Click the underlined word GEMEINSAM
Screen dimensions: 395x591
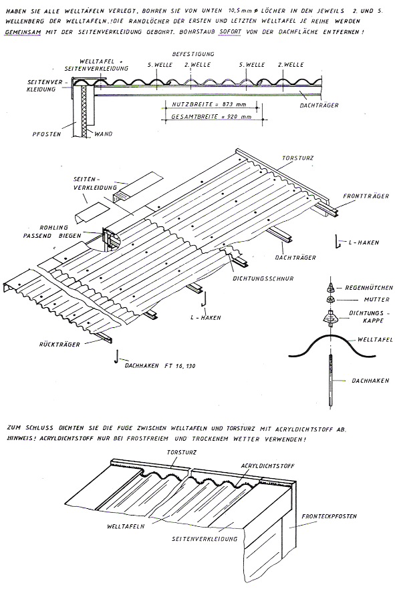(x=23, y=32)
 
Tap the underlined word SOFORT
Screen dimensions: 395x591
(x=229, y=32)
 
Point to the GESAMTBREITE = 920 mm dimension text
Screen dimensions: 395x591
(x=211, y=117)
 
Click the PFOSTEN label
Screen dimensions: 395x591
(x=47, y=134)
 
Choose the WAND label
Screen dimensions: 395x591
(x=103, y=134)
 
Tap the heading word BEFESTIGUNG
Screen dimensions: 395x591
(x=193, y=54)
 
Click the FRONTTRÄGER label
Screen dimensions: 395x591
(x=366, y=196)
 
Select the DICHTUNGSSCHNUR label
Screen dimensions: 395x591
(x=263, y=278)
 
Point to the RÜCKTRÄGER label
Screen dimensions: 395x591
(x=59, y=344)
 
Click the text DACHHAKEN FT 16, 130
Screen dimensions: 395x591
(x=160, y=365)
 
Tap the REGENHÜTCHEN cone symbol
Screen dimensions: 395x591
(x=330, y=288)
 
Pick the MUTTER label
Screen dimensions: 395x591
(x=376, y=300)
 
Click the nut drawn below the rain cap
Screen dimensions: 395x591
(x=330, y=300)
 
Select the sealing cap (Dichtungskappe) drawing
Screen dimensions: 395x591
(x=331, y=318)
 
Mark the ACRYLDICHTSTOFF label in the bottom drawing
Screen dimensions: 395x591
(x=267, y=466)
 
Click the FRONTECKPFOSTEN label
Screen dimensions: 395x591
(x=329, y=516)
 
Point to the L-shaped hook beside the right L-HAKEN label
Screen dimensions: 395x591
(x=337, y=242)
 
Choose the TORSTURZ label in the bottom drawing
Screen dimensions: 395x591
(x=182, y=452)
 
